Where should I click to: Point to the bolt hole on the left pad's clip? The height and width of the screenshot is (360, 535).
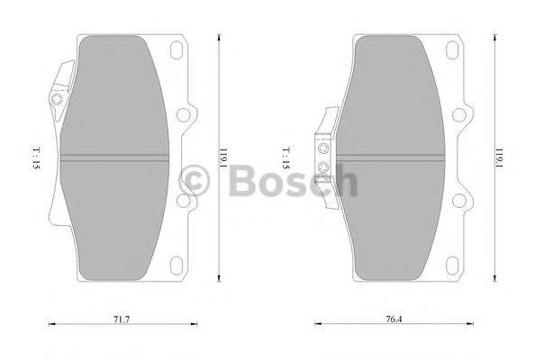[59, 101]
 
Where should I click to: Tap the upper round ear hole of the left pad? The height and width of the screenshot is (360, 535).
[187, 114]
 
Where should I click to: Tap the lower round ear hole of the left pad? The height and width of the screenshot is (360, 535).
[187, 205]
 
